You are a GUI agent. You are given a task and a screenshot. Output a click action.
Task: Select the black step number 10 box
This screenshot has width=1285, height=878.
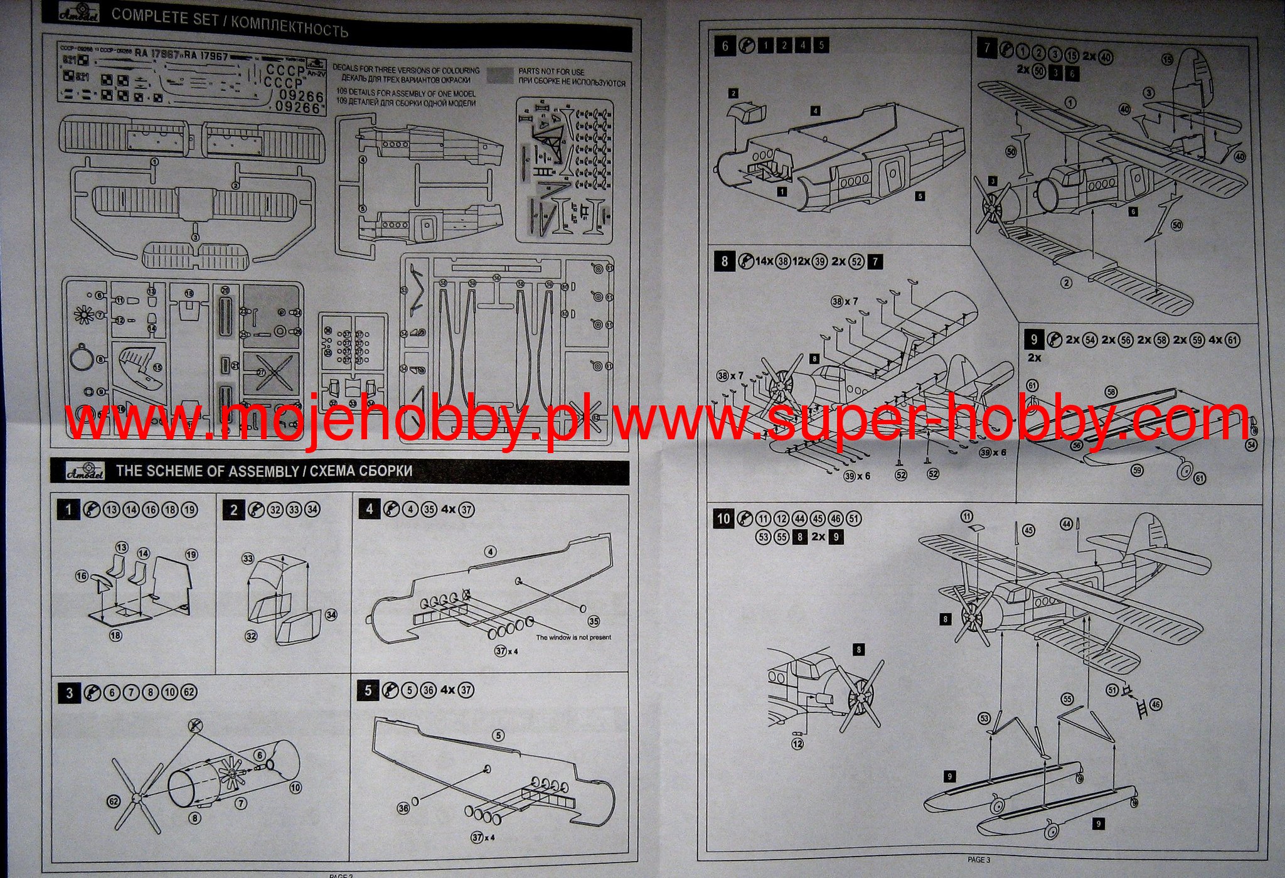pyautogui.click(x=723, y=518)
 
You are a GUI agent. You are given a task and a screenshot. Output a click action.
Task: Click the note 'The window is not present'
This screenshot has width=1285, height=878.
pyautogui.click(x=573, y=637)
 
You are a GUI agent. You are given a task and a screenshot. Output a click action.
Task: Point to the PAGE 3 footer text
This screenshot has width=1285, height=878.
pyautogui.click(x=978, y=859)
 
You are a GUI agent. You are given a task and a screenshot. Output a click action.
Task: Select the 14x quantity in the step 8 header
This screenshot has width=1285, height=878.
pyautogui.click(x=764, y=261)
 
